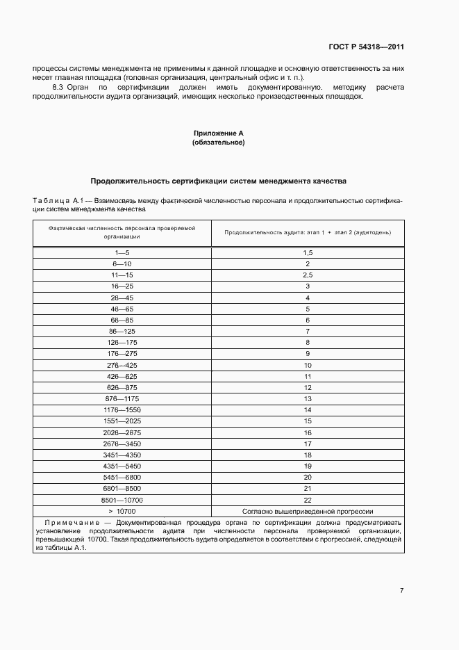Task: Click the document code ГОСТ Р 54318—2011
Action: [366, 47]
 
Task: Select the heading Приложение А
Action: [218, 132]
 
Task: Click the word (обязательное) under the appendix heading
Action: [218, 142]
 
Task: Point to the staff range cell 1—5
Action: [122, 253]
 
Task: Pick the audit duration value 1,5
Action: [308, 253]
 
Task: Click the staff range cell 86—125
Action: [122, 332]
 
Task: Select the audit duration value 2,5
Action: [308, 275]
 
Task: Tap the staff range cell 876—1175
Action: [122, 398]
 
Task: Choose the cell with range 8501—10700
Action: [122, 499]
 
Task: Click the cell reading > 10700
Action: [122, 510]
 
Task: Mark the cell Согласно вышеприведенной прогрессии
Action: [308, 510]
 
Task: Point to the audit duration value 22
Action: [308, 499]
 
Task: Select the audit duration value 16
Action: [308, 432]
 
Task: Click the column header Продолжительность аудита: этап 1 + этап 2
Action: [308, 231]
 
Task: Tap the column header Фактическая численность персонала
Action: [122, 231]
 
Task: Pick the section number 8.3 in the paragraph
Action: [59, 88]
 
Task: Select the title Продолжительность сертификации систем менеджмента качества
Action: [218, 180]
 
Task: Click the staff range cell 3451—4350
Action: [122, 455]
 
